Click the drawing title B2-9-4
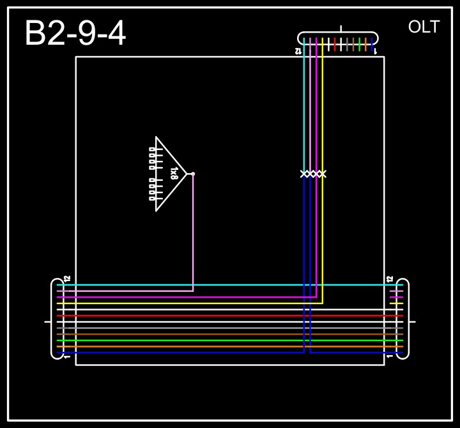[75, 33]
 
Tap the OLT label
[424, 27]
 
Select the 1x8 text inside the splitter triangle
[174, 173]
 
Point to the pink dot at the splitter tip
[193, 174]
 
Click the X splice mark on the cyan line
[304, 174]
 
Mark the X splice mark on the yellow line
[323, 174]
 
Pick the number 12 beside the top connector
[298, 50]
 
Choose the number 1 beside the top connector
[375, 50]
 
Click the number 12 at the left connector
[67, 279]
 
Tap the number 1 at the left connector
[67, 356]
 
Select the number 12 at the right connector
[390, 279]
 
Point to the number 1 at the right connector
[390, 356]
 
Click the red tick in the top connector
[335, 44]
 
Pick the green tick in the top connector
[360, 44]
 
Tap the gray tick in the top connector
[347, 44]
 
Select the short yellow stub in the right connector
[396, 303]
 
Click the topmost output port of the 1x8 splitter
[152, 149]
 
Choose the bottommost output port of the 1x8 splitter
[152, 199]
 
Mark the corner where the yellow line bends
[323, 303]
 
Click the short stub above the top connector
[341, 29]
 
